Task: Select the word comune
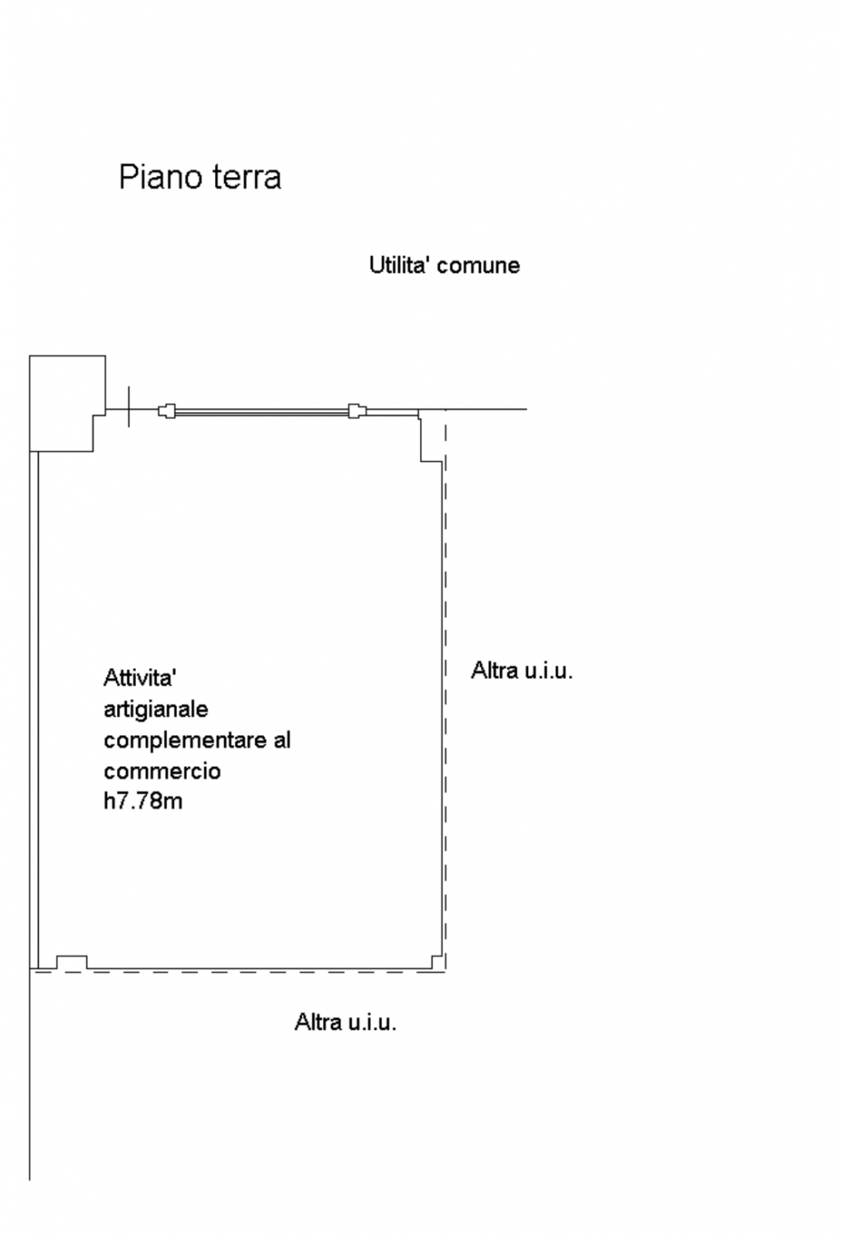478,266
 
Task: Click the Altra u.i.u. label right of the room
521,671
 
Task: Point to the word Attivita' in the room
139,677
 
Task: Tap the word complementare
186,741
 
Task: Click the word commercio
162,770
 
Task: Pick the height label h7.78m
143,801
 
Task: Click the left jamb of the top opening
166,411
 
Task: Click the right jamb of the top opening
357,411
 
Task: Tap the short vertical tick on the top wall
129,407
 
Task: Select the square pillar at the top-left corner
68,404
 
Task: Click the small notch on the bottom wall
72,962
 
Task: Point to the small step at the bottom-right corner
437,962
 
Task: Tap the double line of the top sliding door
262,411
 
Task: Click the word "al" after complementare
283,739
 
